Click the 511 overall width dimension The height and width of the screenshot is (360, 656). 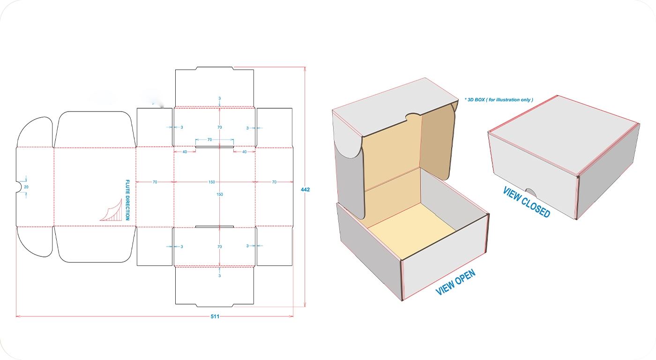tap(215, 316)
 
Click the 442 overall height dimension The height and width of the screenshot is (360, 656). tap(305, 189)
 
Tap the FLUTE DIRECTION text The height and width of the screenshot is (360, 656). tap(127, 200)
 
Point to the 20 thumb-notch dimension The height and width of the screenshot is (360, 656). tap(26, 187)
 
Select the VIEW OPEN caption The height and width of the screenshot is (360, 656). tap(455, 282)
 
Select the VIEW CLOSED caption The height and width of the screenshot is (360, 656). tap(527, 202)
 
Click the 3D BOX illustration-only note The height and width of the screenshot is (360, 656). tap(499, 99)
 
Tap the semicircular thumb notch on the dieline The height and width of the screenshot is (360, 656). tap(19, 187)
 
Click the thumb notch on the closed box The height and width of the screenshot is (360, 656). tap(531, 193)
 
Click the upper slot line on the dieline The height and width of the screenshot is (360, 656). tap(215, 147)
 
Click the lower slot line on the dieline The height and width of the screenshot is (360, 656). tap(215, 226)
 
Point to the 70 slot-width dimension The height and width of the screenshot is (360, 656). tap(210, 139)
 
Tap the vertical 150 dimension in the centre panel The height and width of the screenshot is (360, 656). tap(220, 194)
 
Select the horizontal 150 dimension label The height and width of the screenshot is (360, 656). tap(212, 182)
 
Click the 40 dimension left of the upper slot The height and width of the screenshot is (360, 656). tap(185, 152)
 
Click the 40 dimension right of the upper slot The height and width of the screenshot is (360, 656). tap(245, 152)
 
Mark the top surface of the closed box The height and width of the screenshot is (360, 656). tap(564, 135)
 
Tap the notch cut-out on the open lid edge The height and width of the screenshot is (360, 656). tap(413, 117)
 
